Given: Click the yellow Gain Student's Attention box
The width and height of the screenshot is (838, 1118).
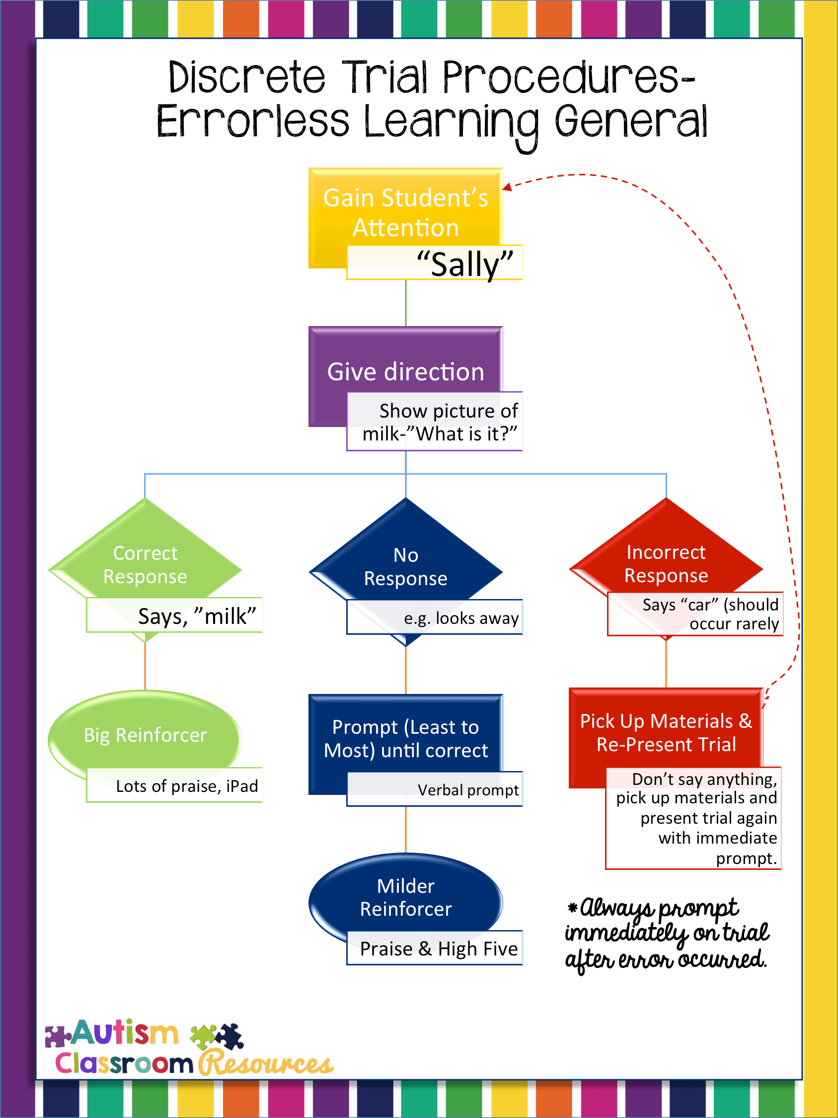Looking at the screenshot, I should click(x=405, y=212).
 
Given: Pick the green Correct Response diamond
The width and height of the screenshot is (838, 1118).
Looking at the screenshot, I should click(x=145, y=561).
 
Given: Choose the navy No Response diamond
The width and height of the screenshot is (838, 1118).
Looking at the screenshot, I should click(x=405, y=564).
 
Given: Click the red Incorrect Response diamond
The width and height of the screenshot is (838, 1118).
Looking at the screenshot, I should click(x=666, y=561).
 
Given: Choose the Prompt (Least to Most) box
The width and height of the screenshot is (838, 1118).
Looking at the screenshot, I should click(x=405, y=738).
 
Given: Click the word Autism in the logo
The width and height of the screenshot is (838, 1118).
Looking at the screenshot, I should click(x=125, y=1032).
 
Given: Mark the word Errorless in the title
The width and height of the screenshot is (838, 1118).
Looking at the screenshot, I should click(x=252, y=121).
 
